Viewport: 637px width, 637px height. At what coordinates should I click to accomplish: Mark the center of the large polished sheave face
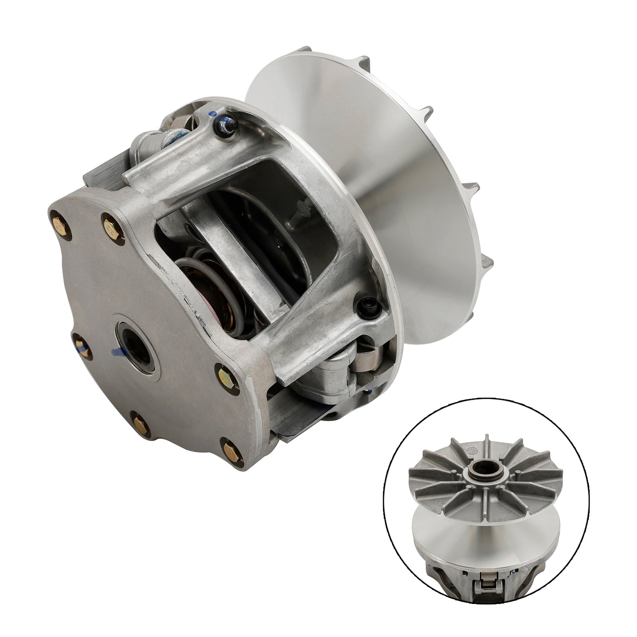(x=382, y=171)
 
